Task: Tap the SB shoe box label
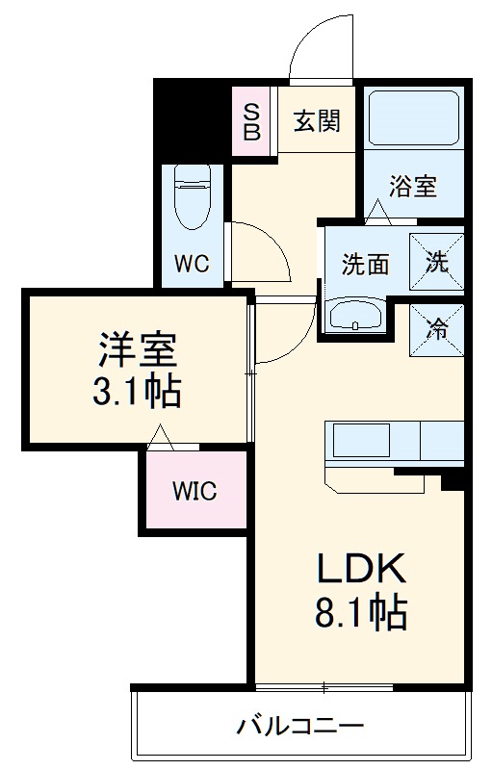point(251,122)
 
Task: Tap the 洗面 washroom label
point(364,264)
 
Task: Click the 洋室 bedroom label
point(139,347)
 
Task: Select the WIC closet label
point(194,491)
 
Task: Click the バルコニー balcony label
point(300,725)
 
